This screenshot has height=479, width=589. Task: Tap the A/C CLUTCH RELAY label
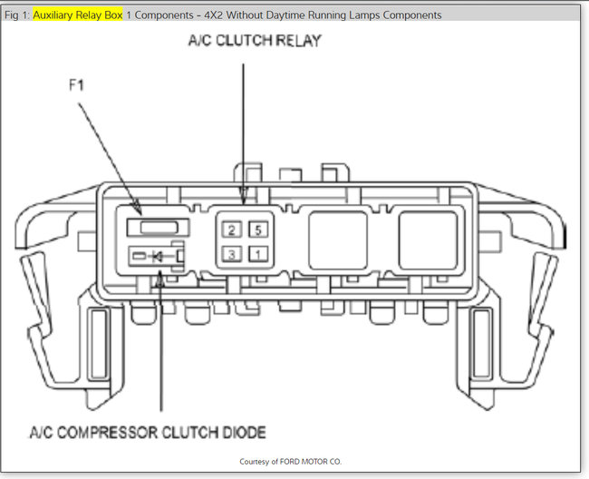255,42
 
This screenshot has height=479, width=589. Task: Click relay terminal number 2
234,230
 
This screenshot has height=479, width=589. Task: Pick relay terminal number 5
258,230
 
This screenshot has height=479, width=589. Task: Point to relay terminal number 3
234,253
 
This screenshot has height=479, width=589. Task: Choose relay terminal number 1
258,253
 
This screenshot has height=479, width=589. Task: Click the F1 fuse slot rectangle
156,228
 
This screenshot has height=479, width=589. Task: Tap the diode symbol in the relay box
157,257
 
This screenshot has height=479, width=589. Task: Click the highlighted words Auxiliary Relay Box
78,15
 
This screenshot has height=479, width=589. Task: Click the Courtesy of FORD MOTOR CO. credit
291,462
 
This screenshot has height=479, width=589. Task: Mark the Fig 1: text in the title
17,15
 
